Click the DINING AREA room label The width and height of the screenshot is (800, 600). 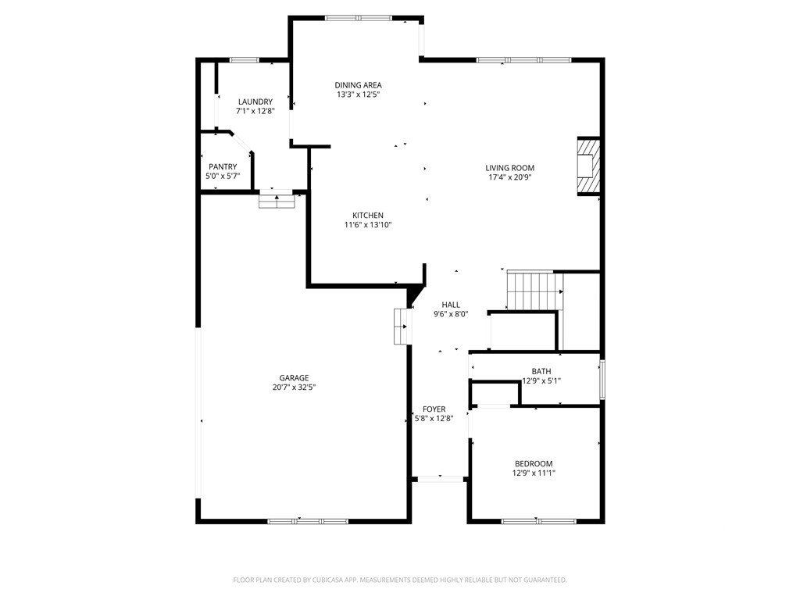358,85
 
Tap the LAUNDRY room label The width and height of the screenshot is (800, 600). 255,102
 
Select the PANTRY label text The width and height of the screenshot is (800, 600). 223,167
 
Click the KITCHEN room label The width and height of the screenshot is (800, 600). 368,216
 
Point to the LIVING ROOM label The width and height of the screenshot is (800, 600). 509,168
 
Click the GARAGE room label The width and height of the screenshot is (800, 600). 294,378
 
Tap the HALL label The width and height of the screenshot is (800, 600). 451,305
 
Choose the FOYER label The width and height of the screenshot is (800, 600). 434,409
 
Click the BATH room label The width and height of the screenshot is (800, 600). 541,371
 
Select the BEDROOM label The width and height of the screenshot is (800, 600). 534,464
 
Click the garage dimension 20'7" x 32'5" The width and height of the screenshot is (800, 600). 294,387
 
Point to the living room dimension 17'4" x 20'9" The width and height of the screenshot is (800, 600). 509,177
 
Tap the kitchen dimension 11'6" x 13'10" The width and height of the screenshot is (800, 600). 368,224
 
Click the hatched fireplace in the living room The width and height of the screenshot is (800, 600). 588,166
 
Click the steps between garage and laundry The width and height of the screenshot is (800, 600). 277,199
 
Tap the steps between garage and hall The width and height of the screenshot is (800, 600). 402,326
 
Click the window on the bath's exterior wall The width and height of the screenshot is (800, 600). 602,379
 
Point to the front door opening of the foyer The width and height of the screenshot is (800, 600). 441,479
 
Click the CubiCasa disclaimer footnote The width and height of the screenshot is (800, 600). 400,580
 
